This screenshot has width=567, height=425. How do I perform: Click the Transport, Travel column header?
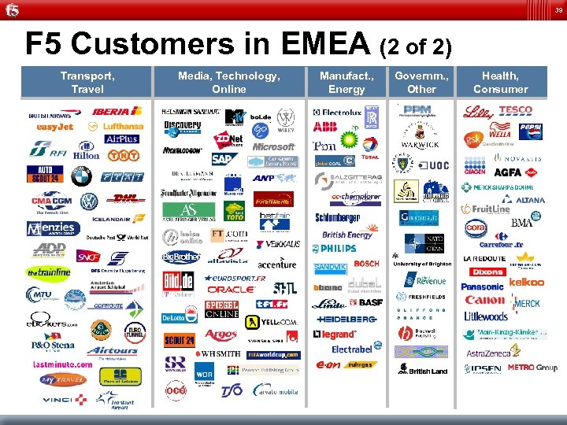[87, 83]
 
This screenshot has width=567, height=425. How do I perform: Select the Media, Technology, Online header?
[228, 83]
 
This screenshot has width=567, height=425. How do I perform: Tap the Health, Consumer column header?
[500, 83]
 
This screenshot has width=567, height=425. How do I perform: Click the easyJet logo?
[55, 126]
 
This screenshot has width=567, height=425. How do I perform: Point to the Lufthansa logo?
[117, 126]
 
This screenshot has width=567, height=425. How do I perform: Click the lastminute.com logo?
[62, 364]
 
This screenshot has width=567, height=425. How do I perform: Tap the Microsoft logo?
[273, 146]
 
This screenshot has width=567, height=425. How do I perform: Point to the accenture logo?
[276, 264]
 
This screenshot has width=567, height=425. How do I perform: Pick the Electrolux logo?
[336, 113]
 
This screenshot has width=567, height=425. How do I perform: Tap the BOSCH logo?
[366, 264]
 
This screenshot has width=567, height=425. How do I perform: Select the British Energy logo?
[346, 235]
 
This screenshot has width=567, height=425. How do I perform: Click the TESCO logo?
[515, 110]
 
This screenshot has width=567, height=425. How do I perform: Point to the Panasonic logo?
[482, 287]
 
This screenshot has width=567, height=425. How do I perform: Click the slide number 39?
[558, 9]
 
